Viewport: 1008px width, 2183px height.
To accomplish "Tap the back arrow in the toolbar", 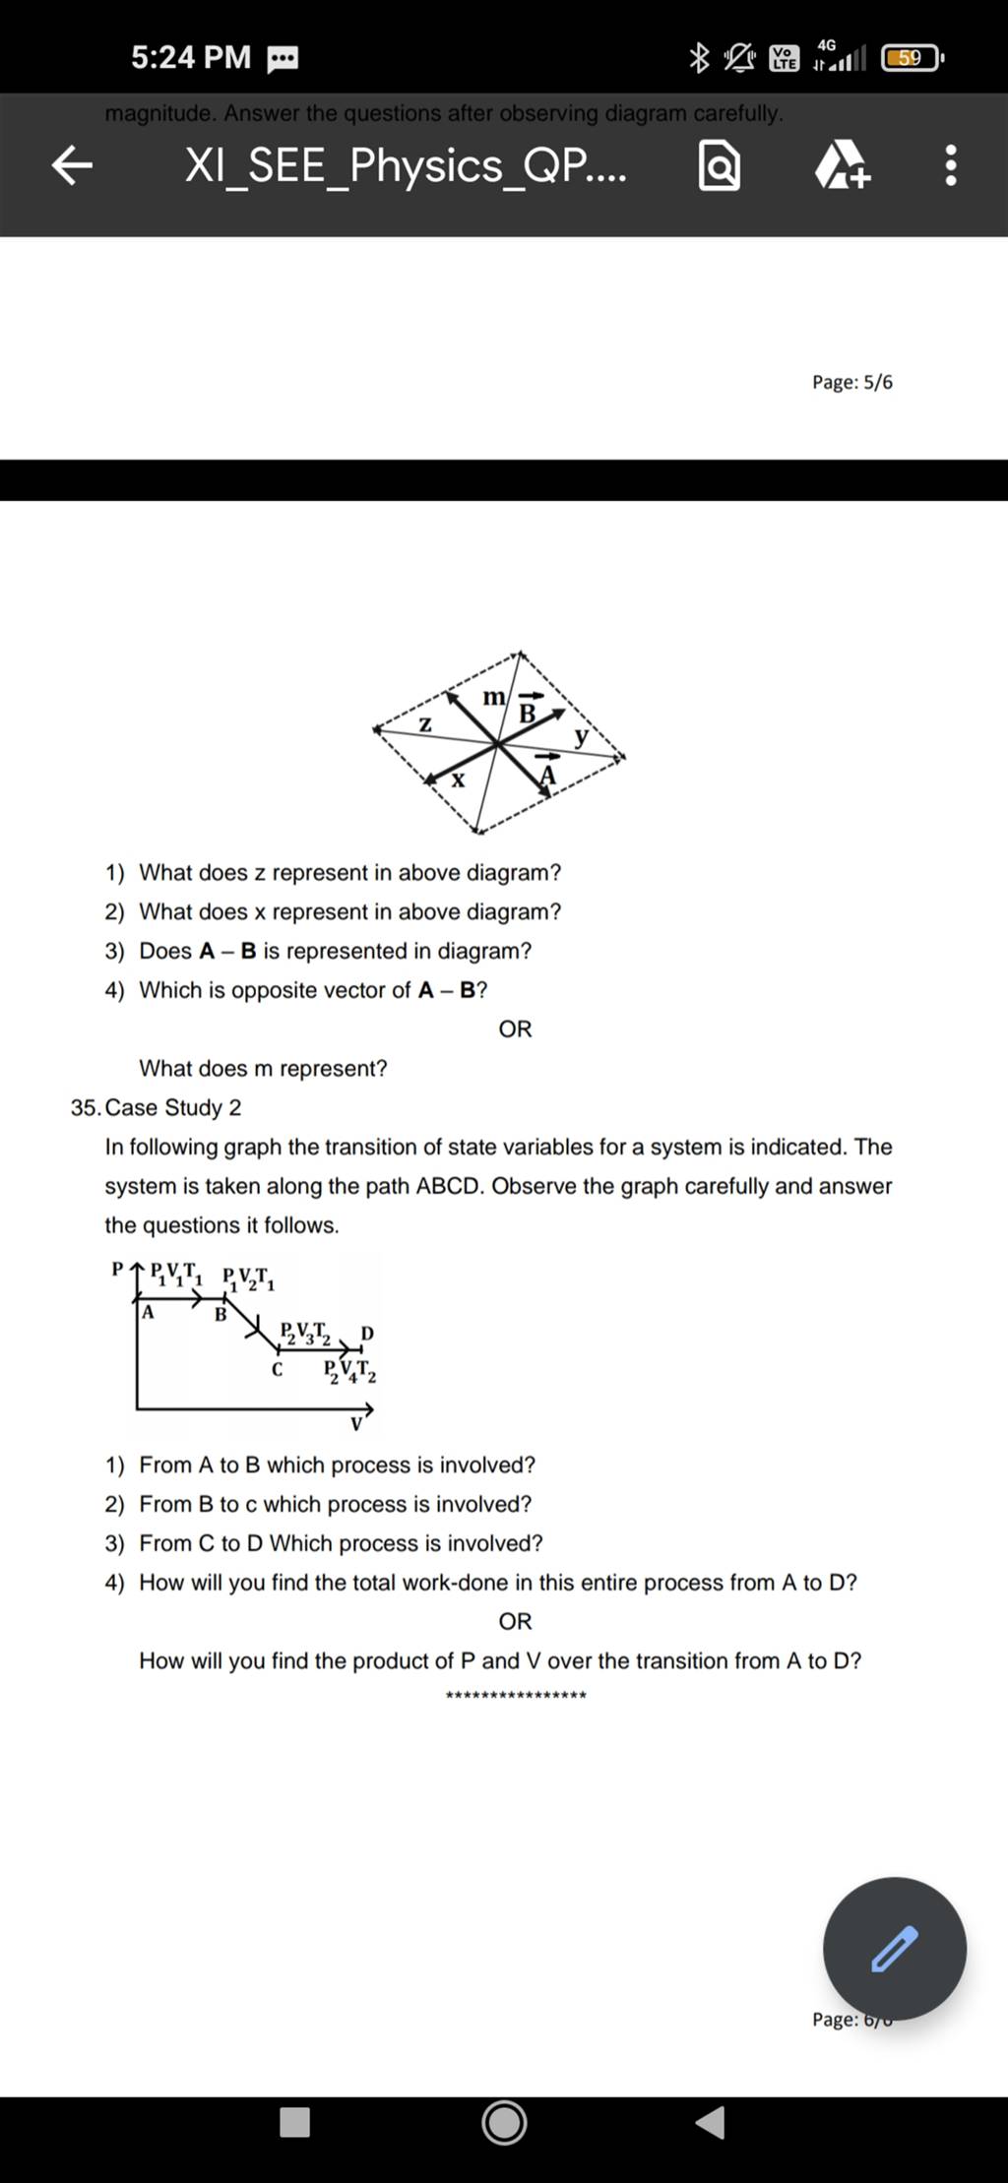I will pyautogui.click(x=72, y=166).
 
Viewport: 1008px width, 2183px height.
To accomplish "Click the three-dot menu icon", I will pyautogui.click(x=950, y=166).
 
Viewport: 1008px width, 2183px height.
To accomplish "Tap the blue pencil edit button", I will pyautogui.click(x=894, y=1948).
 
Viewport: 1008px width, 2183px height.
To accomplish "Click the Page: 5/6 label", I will pyautogui.click(x=852, y=382).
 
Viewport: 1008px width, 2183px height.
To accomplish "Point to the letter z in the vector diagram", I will pyautogui.click(x=425, y=724).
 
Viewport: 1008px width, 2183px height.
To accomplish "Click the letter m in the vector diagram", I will pyautogui.click(x=493, y=697).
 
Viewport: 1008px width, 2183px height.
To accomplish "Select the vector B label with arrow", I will pyautogui.click(x=529, y=711).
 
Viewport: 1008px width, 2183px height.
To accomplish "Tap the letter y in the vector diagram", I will pyautogui.click(x=582, y=734).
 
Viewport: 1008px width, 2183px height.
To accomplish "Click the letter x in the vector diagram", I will pyautogui.click(x=458, y=780).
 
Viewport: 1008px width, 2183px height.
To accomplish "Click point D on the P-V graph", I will pyautogui.click(x=366, y=1333).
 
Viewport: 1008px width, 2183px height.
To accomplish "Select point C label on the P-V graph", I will pyautogui.click(x=278, y=1369).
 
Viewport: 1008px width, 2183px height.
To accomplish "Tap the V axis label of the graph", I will pyautogui.click(x=356, y=1424).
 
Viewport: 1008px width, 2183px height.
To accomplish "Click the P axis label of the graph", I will pyautogui.click(x=118, y=1269).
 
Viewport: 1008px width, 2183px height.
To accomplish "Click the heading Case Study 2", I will pyautogui.click(x=172, y=1107).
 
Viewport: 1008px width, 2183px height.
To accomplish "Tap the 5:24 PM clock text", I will pyautogui.click(x=191, y=57).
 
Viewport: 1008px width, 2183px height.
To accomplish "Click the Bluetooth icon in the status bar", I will pyautogui.click(x=698, y=59).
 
